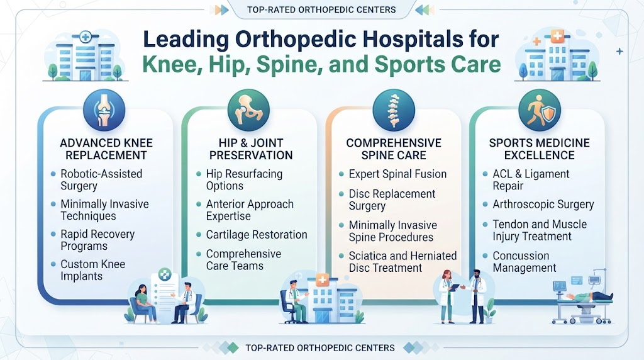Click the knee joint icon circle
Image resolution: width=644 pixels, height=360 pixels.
coord(104,111)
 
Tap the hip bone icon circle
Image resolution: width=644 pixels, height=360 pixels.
coord(248,111)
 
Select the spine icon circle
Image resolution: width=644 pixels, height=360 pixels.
coord(394,111)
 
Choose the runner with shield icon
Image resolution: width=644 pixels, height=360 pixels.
coord(539,111)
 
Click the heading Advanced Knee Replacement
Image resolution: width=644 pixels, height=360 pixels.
coord(106,149)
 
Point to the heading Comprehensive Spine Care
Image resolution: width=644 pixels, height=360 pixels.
coord(394,149)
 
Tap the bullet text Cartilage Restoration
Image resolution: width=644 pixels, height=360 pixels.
coord(257,235)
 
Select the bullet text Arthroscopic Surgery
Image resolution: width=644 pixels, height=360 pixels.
coord(543,205)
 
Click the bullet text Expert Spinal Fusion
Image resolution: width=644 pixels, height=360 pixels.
coord(397,174)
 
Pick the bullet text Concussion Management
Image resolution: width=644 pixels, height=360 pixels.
coord(525,262)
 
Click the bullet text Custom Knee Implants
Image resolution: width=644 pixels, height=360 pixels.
coord(93,270)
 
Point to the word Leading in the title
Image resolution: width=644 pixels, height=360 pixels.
coord(186,40)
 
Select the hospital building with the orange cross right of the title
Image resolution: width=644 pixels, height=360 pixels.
coord(557,55)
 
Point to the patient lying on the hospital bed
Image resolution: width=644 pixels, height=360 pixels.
coord(590,296)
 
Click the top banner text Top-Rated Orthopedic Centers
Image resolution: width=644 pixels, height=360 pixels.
coord(321,10)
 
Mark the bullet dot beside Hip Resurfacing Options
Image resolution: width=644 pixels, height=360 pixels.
coord(199,174)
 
